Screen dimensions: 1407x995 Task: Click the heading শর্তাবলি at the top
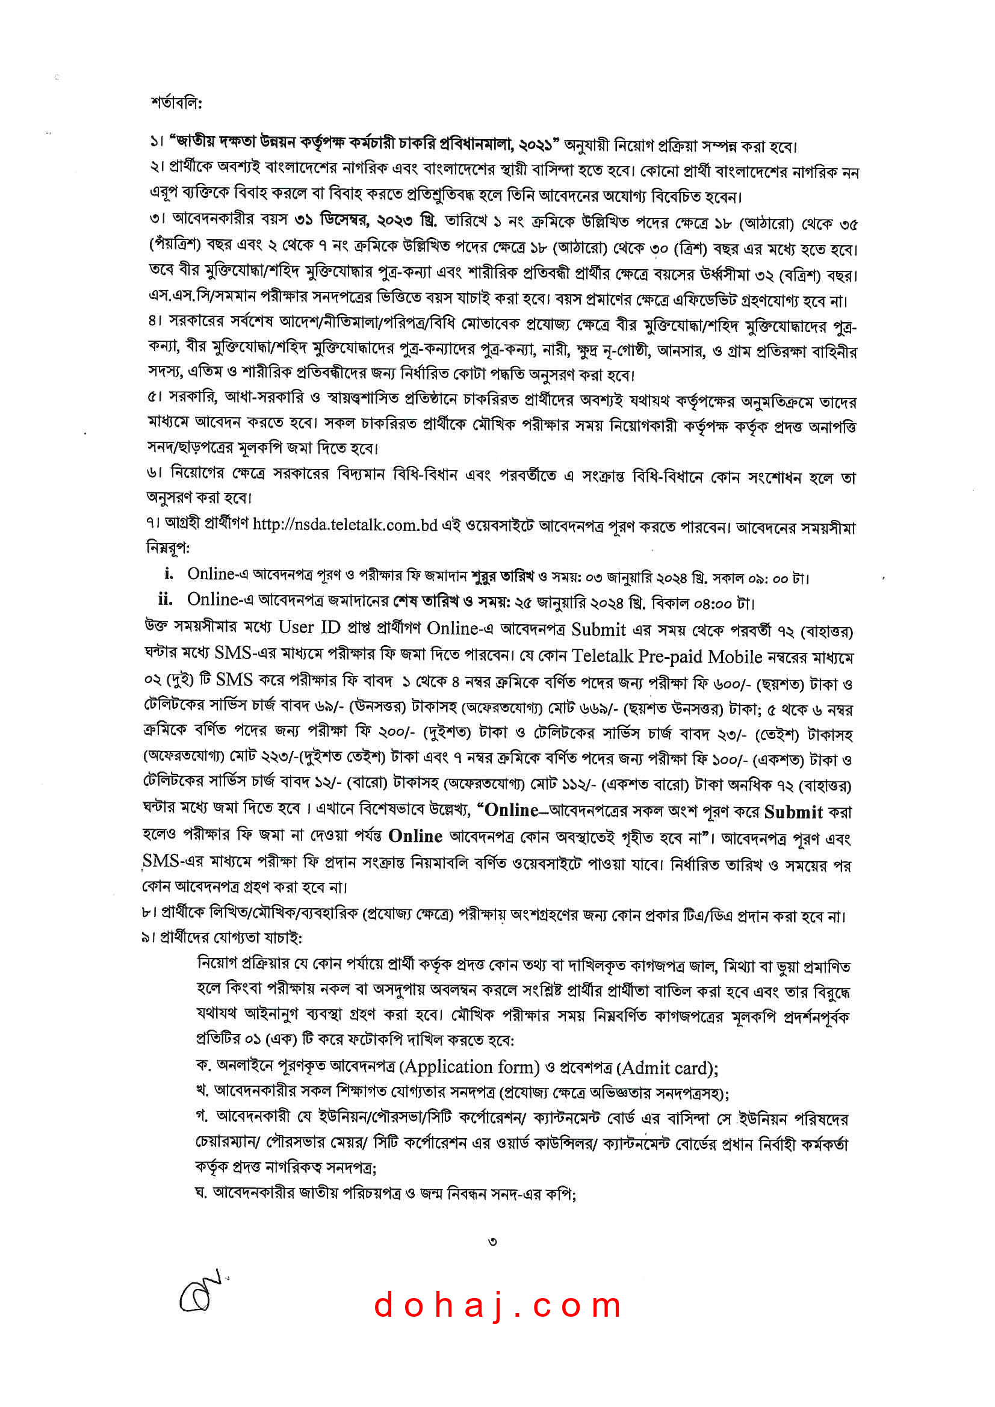point(176,102)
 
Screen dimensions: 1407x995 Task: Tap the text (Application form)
point(470,1067)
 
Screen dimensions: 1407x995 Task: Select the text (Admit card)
point(667,1068)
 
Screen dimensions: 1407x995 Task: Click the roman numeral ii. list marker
point(166,599)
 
